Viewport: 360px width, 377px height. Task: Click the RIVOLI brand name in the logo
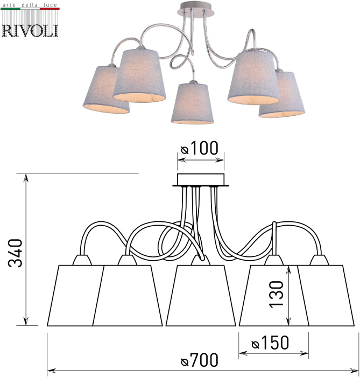click(x=30, y=31)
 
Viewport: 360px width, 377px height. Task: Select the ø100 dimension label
click(x=200, y=148)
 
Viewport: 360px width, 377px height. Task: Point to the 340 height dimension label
click(x=15, y=253)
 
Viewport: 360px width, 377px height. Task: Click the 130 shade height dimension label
click(x=276, y=294)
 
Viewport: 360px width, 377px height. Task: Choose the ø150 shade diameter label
click(x=270, y=343)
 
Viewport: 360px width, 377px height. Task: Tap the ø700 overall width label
click(x=200, y=360)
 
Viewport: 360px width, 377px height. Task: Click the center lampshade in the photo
click(x=192, y=103)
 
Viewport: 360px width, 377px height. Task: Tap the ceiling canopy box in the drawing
click(x=201, y=179)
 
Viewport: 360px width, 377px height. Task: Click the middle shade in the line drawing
click(x=201, y=296)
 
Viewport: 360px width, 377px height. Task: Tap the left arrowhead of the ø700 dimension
click(x=52, y=370)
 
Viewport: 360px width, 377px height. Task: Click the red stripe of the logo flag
click(x=50, y=9)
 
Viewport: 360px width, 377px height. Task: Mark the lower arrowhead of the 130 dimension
click(x=289, y=322)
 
